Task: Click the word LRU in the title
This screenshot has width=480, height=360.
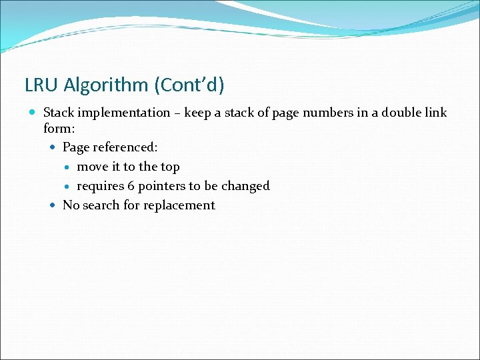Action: point(39,85)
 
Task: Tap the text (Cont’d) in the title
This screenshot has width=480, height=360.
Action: point(189,85)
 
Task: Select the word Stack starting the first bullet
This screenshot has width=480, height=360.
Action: point(59,113)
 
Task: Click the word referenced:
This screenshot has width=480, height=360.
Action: point(125,147)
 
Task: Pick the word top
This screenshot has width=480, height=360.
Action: point(170,167)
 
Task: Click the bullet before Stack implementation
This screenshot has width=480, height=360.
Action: point(33,113)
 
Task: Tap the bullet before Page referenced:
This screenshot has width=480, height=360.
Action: point(53,147)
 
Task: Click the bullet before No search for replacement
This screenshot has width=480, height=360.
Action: point(53,205)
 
